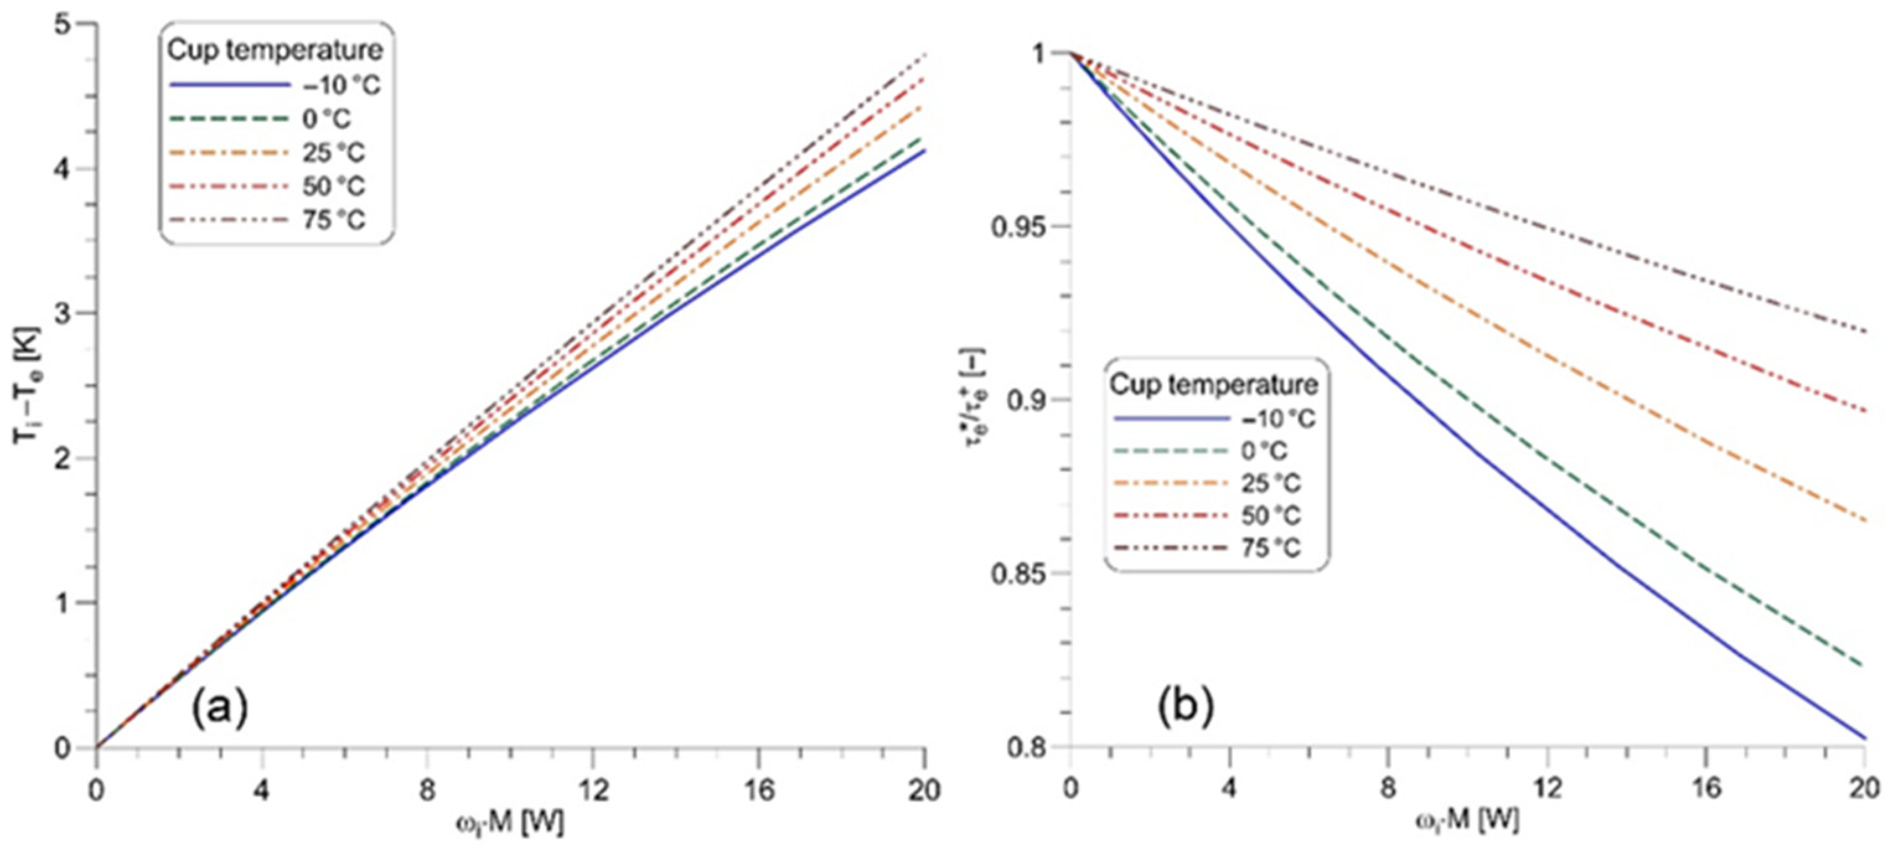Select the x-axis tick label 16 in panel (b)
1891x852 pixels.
click(1706, 789)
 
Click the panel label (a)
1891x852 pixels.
click(220, 709)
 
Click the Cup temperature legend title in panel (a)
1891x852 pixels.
click(275, 51)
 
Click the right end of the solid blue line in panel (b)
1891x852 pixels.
click(1864, 738)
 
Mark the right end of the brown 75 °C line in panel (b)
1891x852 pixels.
click(1864, 331)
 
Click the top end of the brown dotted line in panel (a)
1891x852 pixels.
click(923, 56)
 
